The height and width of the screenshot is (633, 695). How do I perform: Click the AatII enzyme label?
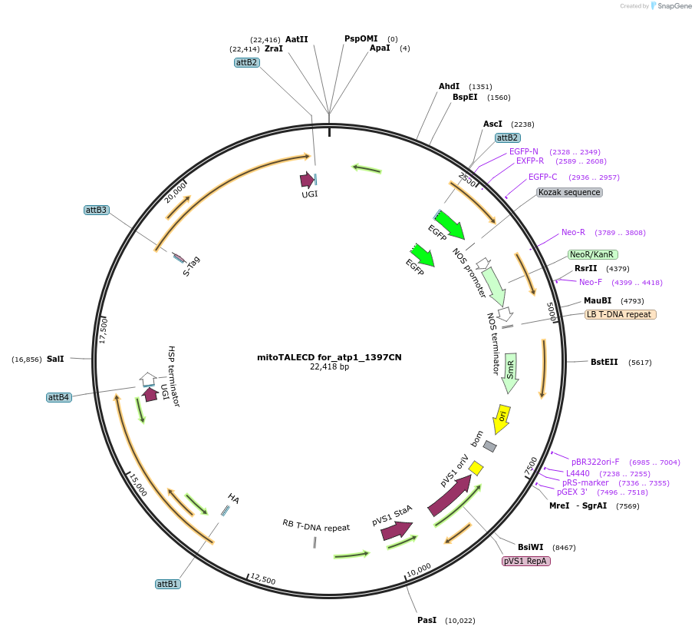click(296, 39)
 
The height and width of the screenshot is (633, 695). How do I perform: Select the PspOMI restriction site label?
click(361, 38)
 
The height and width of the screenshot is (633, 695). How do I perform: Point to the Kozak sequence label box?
click(569, 192)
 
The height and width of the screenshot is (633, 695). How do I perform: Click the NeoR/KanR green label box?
click(592, 254)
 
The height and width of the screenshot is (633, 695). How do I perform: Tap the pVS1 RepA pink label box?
click(525, 561)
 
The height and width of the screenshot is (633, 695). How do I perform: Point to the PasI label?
click(427, 620)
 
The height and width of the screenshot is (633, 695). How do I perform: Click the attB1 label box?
click(167, 584)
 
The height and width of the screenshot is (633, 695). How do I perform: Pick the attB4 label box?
click(58, 397)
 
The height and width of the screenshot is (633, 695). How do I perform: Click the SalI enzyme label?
click(55, 359)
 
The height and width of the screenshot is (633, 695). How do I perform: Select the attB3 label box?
click(97, 210)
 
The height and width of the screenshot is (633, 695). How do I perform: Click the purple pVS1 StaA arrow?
click(397, 529)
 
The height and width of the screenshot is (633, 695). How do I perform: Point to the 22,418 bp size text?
click(329, 367)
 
